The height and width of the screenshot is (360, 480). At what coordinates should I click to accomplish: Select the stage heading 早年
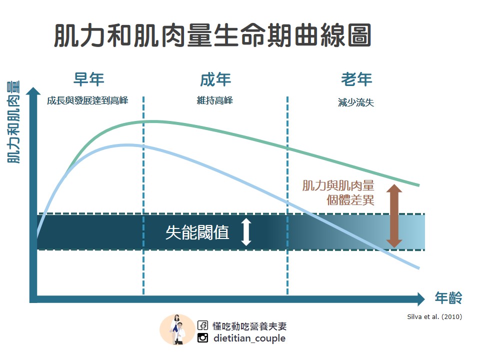coord(88,79)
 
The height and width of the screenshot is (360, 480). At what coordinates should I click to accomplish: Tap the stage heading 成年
coord(215,79)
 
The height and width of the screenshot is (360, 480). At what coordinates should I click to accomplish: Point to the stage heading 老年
coord(356,79)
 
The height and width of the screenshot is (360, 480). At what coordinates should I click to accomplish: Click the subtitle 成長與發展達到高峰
coord(87,100)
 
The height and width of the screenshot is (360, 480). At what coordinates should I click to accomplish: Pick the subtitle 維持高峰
coord(215,100)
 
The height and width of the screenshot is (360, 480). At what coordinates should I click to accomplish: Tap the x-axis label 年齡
coord(448,298)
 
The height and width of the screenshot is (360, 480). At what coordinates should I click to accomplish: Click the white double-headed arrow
coord(245,232)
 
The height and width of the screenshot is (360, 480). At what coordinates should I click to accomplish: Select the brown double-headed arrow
coord(394,216)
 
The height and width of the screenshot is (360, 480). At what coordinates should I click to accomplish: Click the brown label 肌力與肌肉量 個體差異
coord(338,193)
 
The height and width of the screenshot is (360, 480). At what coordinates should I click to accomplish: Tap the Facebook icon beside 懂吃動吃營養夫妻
coord(202,326)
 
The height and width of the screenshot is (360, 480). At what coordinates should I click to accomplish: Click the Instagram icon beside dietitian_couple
coord(202,338)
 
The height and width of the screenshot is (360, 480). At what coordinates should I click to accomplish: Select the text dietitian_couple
coord(249,338)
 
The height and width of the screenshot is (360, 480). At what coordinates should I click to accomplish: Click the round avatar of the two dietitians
coord(177,329)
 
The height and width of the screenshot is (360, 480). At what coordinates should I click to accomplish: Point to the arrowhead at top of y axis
coord(33,91)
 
